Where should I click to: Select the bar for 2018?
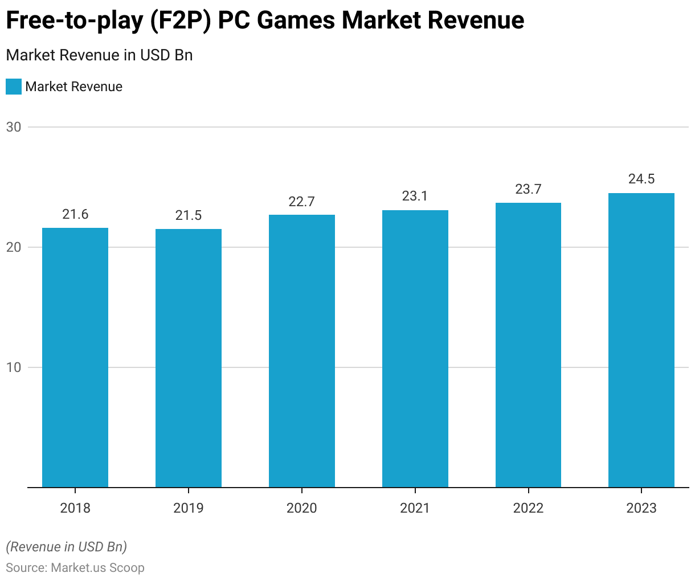(x=75, y=358)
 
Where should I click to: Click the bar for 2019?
(x=189, y=358)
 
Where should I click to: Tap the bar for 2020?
(x=302, y=351)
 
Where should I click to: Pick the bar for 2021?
(x=415, y=349)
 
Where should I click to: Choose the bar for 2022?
(x=528, y=345)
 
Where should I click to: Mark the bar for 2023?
(x=641, y=340)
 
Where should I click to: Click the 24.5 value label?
(x=641, y=179)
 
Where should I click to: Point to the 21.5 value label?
(x=189, y=215)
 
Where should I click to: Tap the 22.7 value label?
(x=302, y=202)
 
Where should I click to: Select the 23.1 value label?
(x=415, y=196)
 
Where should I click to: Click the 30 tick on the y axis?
(x=14, y=127)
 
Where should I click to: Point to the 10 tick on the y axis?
(x=14, y=367)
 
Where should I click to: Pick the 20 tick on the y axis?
(x=14, y=247)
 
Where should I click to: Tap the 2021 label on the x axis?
(x=415, y=508)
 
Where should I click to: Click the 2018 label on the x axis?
(x=75, y=508)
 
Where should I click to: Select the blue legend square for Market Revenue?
(x=14, y=87)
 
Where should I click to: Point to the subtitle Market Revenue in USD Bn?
(x=99, y=55)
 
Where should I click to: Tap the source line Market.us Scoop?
(x=75, y=567)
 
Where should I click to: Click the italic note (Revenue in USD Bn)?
(x=66, y=547)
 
